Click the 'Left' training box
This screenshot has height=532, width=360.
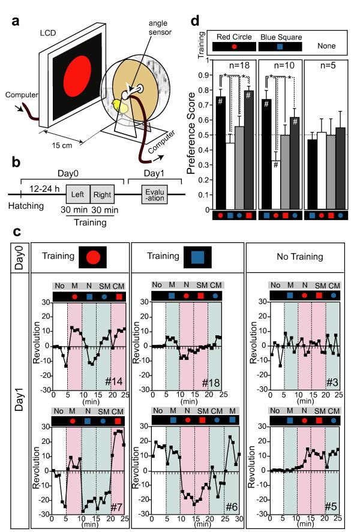(x=77, y=194)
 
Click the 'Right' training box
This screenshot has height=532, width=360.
(x=102, y=194)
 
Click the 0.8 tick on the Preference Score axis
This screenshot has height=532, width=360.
(x=205, y=90)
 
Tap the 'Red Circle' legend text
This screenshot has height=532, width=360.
(x=230, y=37)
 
